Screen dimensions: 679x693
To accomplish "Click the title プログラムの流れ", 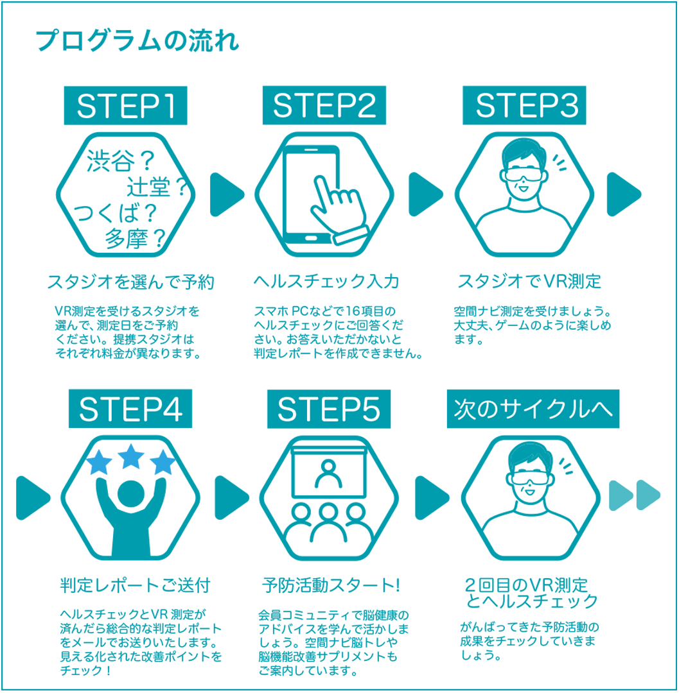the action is tap(137, 40).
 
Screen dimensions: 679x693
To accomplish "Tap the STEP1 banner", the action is tap(126, 105).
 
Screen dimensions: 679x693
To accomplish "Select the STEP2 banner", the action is tap(324, 105).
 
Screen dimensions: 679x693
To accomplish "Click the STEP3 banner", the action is tap(524, 105).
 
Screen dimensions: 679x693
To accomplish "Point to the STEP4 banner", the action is tap(130, 408).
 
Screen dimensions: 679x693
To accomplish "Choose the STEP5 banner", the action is tap(329, 409).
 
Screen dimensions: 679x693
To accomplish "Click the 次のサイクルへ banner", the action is tap(533, 409).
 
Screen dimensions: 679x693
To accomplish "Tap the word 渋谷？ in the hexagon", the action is tap(120, 160).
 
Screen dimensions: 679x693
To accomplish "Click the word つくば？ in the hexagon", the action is tap(115, 213).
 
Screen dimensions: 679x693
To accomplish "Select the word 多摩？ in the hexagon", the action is tap(135, 239).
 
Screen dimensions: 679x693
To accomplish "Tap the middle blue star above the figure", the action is tap(131, 457).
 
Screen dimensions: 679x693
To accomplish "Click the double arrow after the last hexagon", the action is tap(635, 495).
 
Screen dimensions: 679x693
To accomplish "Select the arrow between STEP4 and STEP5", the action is tap(232, 498).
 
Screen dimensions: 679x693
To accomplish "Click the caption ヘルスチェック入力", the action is tap(326, 281).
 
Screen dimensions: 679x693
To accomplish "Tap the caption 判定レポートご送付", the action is tap(135, 585).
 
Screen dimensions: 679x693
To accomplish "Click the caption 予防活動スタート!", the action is tap(331, 585).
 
